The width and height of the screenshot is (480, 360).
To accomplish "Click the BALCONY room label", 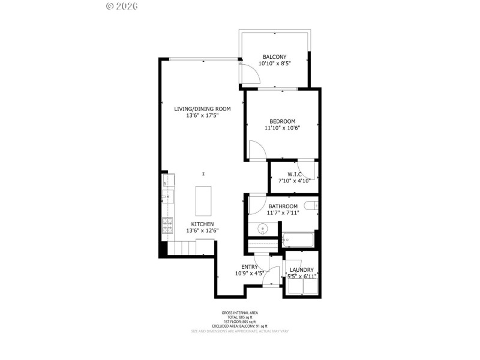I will [x=274, y=56].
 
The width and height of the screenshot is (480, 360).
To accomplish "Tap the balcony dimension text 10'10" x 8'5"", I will [x=274, y=63].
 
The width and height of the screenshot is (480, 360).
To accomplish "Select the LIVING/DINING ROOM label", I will [x=202, y=109].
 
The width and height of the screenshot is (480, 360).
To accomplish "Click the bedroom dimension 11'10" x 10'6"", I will [x=282, y=127].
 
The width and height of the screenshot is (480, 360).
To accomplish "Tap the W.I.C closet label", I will [x=294, y=174].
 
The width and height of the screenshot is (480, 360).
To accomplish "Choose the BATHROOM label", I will [x=283, y=206].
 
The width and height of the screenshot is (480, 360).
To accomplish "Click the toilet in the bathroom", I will [x=311, y=206].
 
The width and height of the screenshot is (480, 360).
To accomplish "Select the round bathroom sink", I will [x=262, y=229].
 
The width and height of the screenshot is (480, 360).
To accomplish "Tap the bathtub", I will [x=299, y=240].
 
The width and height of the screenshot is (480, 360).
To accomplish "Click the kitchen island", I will [x=204, y=200].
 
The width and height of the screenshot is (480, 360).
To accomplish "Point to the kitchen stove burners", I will [x=167, y=226].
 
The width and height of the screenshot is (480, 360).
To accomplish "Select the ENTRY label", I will [x=250, y=267].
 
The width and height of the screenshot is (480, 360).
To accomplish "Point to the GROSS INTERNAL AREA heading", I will [x=239, y=313].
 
